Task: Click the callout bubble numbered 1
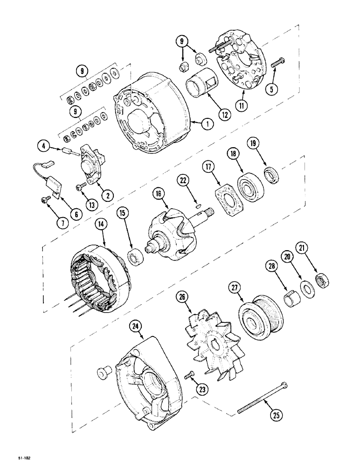[x=206, y=124]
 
